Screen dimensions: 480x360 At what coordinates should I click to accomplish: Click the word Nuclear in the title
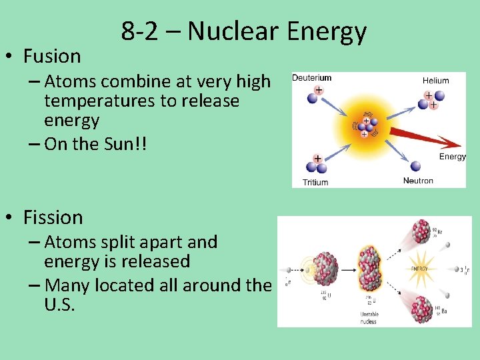point(233,31)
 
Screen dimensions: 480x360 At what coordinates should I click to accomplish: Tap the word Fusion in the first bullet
point(52,56)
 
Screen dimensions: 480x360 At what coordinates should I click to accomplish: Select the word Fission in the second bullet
point(53,217)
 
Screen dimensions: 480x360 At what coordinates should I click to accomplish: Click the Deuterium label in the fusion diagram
point(312,78)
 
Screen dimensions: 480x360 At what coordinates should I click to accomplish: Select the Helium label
point(435,81)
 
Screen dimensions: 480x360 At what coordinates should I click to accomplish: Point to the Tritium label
point(315,182)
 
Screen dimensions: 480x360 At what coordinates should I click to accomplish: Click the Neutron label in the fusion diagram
point(418,181)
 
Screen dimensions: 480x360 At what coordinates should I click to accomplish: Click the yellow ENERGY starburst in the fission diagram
point(419,269)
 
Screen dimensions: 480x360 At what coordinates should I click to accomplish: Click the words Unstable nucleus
point(368,318)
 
